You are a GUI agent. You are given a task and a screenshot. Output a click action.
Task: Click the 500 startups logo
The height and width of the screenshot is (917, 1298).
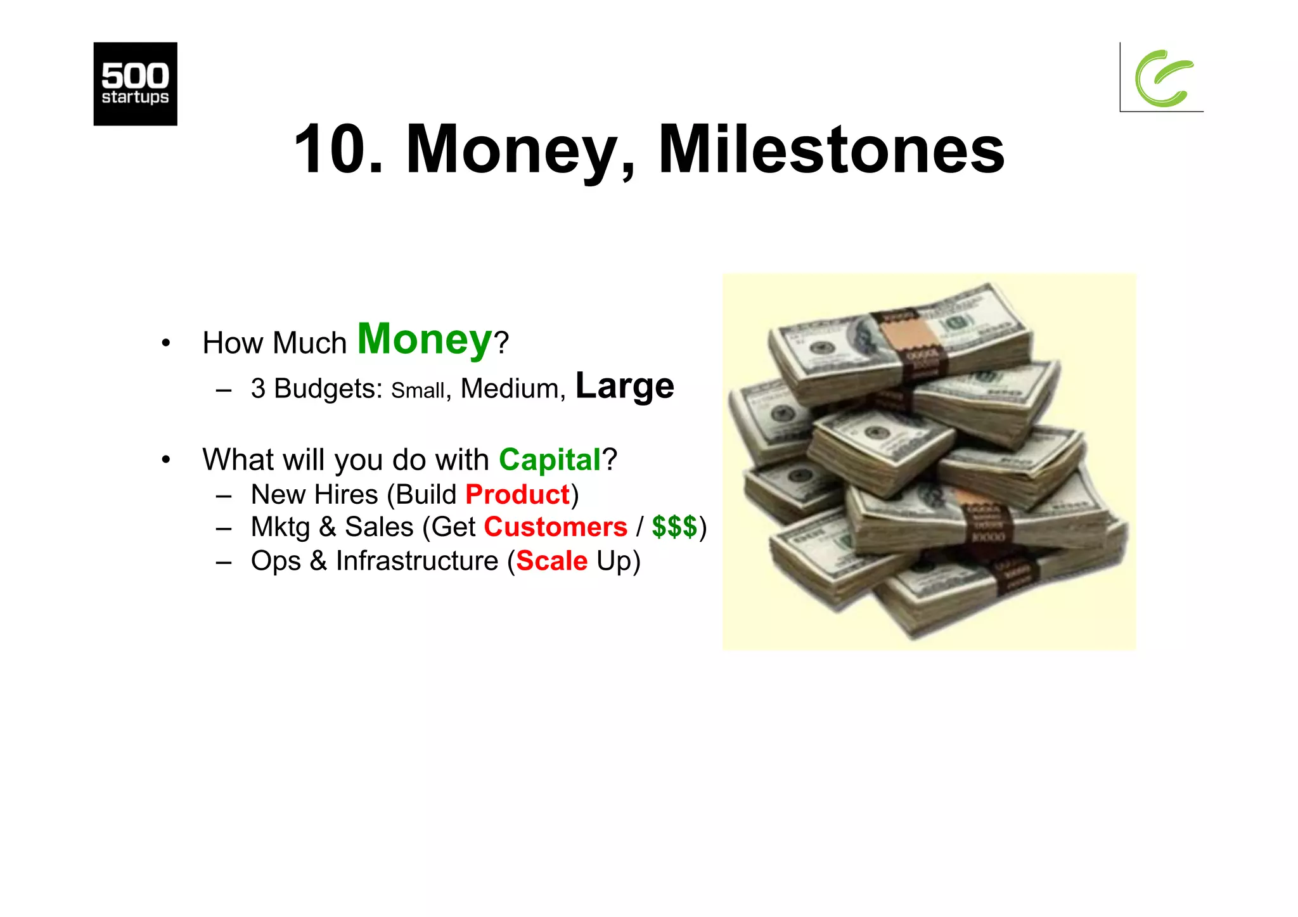(x=135, y=84)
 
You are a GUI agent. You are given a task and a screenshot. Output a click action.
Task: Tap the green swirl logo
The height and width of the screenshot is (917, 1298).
(x=1164, y=78)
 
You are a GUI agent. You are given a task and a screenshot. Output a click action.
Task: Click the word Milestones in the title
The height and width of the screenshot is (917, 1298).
(x=831, y=150)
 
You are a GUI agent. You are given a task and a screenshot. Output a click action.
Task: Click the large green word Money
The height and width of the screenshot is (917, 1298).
(x=425, y=340)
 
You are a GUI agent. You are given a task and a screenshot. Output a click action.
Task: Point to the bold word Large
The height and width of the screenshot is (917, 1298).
(x=624, y=386)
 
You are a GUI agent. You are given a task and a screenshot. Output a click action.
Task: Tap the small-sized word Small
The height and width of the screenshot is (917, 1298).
(x=418, y=390)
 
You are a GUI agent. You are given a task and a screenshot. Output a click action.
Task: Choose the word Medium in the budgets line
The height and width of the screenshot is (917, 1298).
(x=510, y=388)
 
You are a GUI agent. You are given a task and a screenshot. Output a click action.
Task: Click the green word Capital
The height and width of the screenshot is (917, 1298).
(x=549, y=459)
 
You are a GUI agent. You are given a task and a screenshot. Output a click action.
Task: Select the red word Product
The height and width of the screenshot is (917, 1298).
(x=518, y=494)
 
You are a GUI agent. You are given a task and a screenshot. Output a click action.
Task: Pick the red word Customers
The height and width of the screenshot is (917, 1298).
(x=555, y=527)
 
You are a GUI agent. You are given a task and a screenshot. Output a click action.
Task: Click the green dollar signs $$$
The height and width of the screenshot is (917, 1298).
(x=674, y=527)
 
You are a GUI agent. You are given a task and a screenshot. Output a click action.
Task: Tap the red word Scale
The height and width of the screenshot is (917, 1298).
(x=552, y=561)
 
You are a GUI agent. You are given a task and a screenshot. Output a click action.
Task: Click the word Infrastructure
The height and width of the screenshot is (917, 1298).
(x=417, y=561)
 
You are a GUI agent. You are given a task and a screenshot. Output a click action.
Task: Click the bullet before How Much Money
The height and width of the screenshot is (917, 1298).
(x=166, y=343)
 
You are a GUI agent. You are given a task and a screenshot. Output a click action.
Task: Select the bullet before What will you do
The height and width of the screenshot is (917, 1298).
(x=166, y=459)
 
